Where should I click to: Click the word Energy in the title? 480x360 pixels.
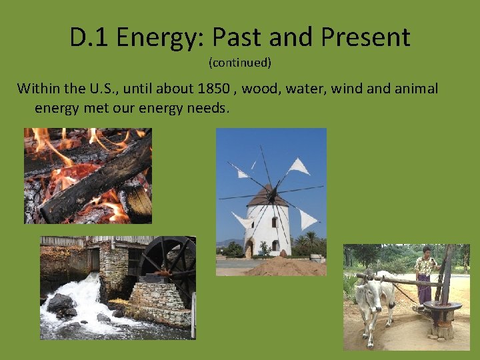coord(150,38)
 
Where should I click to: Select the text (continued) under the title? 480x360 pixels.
coord(240,63)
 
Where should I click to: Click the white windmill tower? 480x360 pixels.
coord(267,230)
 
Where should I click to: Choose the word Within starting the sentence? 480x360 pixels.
coord(39,89)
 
